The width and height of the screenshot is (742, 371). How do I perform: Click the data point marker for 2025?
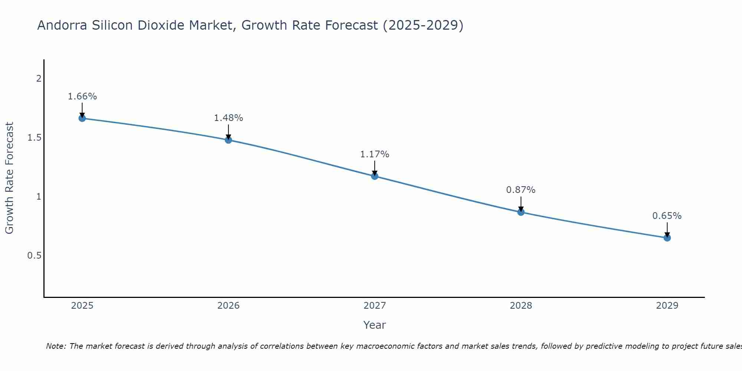pos(82,118)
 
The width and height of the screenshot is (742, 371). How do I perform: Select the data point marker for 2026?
pos(229,140)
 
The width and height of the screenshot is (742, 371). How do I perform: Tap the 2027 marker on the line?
pos(375,176)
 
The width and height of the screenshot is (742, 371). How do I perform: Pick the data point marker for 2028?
pos(521,212)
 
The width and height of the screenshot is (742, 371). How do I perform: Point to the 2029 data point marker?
pos(667,238)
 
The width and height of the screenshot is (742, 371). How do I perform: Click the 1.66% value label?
pos(82,96)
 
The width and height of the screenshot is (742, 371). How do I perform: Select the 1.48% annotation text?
pos(229,118)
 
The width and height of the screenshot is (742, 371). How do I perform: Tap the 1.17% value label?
pos(375,154)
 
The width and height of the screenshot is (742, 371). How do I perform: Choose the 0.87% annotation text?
pos(521,190)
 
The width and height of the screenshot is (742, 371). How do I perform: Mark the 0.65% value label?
pos(667,216)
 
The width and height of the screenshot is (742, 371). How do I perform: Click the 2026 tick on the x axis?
pos(229,306)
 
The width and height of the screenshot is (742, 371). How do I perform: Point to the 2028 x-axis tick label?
pos(521,306)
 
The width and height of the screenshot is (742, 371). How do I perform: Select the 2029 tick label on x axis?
pos(667,306)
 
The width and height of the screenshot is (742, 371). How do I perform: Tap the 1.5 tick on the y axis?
pos(34,138)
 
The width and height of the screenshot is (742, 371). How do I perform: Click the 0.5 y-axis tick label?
pos(34,256)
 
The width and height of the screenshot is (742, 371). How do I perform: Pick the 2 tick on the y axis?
pos(39,79)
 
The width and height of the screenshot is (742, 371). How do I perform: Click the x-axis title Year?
pos(375,325)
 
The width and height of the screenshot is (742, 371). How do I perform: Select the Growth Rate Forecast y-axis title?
pos(9,178)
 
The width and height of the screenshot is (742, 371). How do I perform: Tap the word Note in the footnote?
pos(56,346)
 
